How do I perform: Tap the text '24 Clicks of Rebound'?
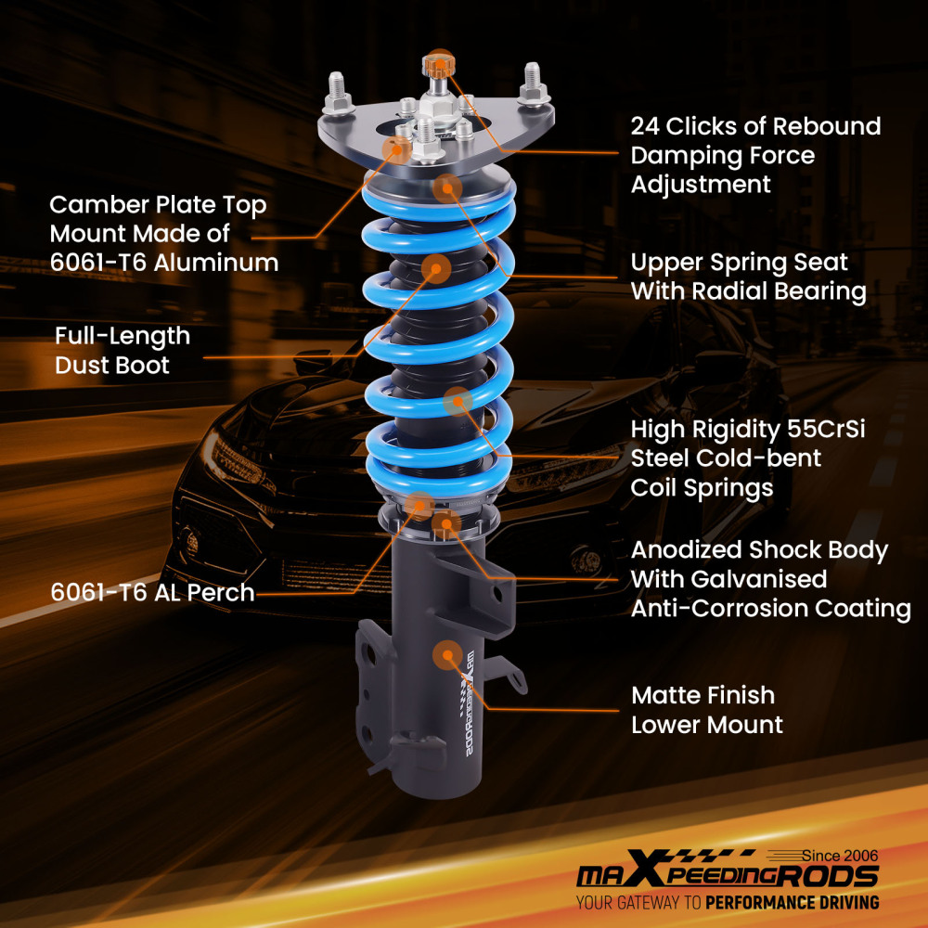[755, 126]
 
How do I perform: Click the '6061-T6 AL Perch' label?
[152, 593]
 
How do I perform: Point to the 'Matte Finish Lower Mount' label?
[707, 709]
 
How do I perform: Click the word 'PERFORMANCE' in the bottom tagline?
[764, 902]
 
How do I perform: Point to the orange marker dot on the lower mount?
[447, 654]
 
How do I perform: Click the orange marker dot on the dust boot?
[436, 269]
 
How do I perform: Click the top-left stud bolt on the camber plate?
[338, 88]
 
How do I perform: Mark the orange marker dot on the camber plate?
[398, 148]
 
